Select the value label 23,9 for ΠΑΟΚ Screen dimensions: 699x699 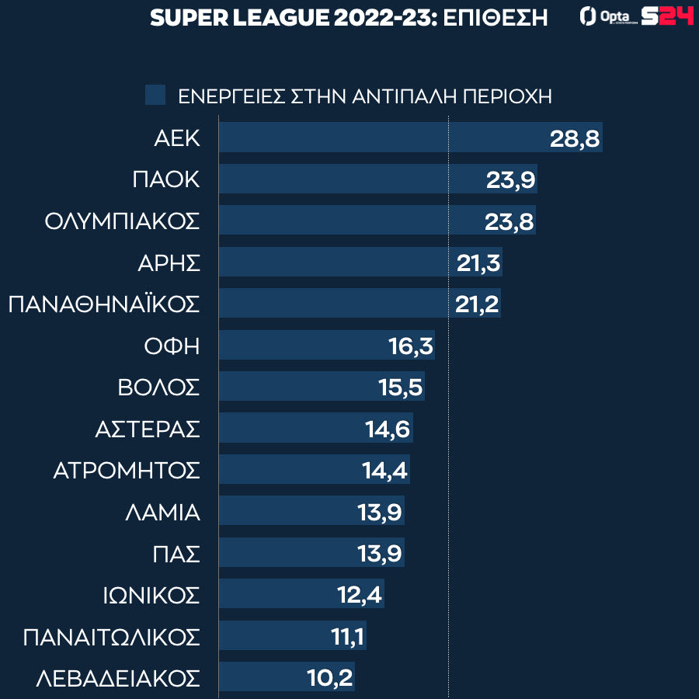[509, 179]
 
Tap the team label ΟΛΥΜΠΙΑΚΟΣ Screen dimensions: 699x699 [122, 221]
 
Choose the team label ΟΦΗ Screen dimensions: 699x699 [172, 346]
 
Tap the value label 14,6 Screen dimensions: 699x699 [388, 429]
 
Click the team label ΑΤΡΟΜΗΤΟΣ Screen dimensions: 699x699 [127, 471]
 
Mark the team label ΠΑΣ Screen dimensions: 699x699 [176, 554]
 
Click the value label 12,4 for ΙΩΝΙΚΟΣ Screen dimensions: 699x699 [360, 595]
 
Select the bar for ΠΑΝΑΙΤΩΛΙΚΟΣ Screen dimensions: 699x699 [272, 637]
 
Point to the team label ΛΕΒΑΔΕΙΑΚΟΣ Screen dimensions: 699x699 [118, 678]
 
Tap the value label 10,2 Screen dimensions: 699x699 [330, 678]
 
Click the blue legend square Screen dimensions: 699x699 [155, 96]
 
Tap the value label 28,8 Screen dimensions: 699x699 [575, 137]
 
